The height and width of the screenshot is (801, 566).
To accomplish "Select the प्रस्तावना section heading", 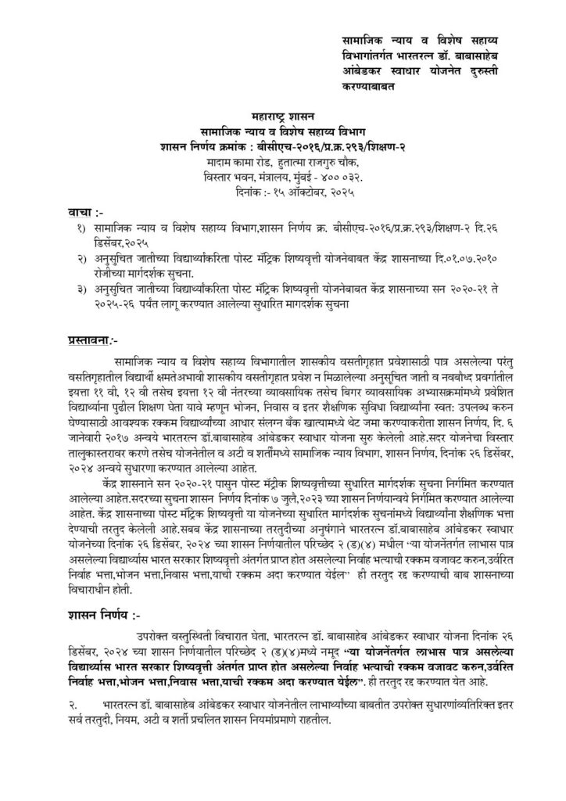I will click(x=91, y=341).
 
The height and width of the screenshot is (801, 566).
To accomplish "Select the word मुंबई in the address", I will click(x=297, y=176).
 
